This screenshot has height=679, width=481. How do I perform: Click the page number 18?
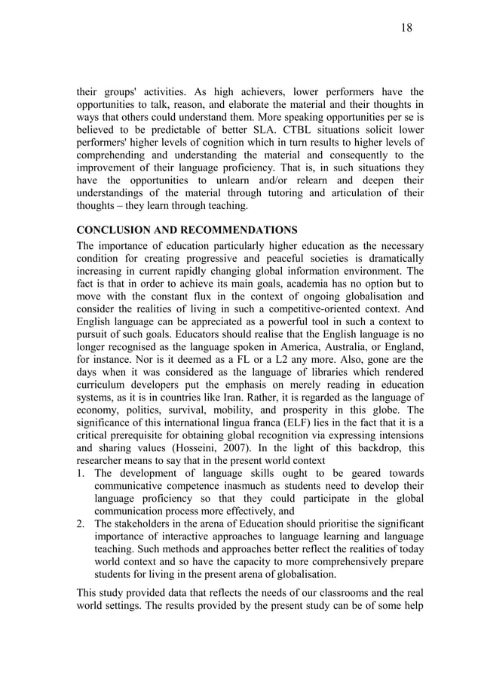tap(406, 28)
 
